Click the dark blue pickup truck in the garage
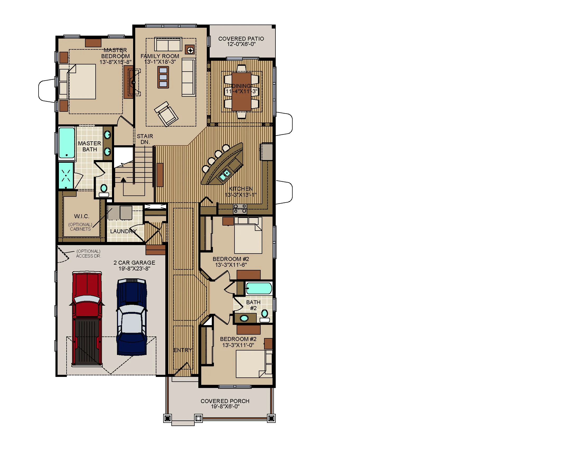(x=132, y=316)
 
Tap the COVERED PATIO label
(x=241, y=39)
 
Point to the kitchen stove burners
(x=240, y=209)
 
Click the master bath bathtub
(x=67, y=143)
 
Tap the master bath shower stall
(x=66, y=175)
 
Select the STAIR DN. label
(x=145, y=139)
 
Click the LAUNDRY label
(x=123, y=231)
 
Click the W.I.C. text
(x=82, y=216)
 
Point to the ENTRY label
(x=183, y=350)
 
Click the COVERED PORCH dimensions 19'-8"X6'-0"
(x=225, y=406)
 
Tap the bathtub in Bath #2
(x=259, y=288)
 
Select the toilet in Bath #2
(x=264, y=315)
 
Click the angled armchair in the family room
(x=166, y=114)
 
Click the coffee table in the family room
(x=163, y=77)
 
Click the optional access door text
(x=88, y=254)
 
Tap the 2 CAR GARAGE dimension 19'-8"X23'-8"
(x=134, y=268)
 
